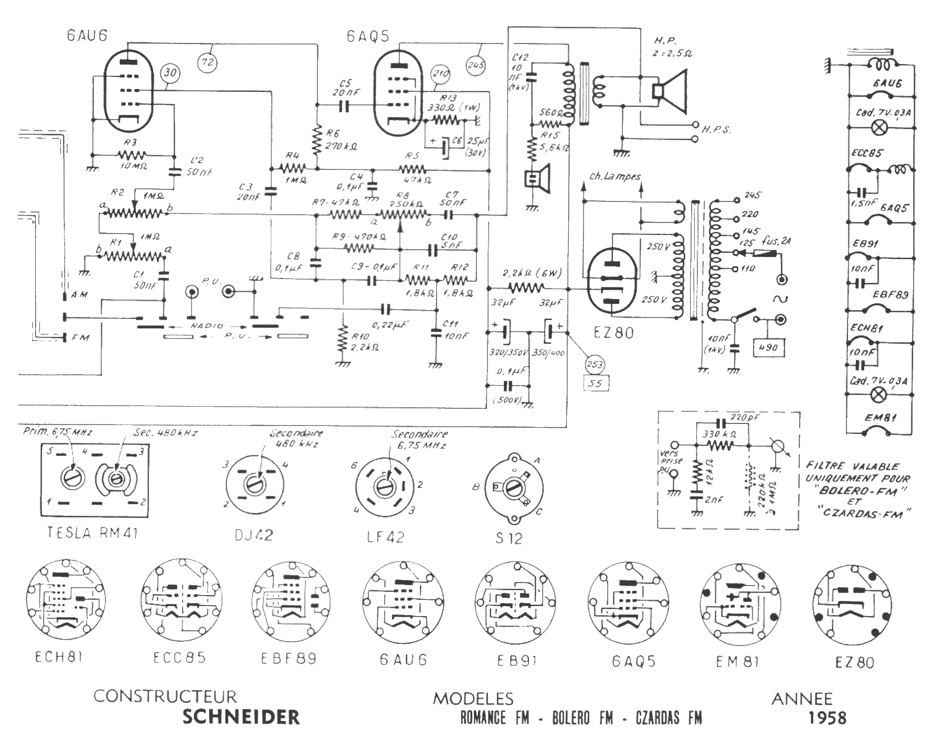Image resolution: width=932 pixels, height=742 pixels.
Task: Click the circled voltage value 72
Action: click(207, 62)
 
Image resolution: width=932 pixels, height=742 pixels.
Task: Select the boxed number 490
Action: click(768, 347)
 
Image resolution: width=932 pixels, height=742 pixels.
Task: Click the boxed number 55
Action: click(595, 383)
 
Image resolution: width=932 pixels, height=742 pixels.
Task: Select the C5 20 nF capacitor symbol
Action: click(344, 107)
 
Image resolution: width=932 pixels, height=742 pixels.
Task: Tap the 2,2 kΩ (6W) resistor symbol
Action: click(526, 288)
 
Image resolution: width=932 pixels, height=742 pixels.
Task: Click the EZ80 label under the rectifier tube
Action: click(613, 333)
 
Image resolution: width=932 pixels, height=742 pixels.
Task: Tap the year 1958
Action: click(827, 717)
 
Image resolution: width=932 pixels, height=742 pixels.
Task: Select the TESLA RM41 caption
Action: click(92, 533)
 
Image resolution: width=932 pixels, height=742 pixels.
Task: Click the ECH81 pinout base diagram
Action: click(66, 601)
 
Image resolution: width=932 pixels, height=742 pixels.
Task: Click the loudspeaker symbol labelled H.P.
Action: click(671, 91)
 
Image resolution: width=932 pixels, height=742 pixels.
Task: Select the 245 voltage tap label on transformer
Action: click(753, 195)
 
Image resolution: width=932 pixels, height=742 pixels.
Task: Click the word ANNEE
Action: click(802, 698)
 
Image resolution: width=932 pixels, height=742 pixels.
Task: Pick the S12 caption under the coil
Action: click(509, 538)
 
